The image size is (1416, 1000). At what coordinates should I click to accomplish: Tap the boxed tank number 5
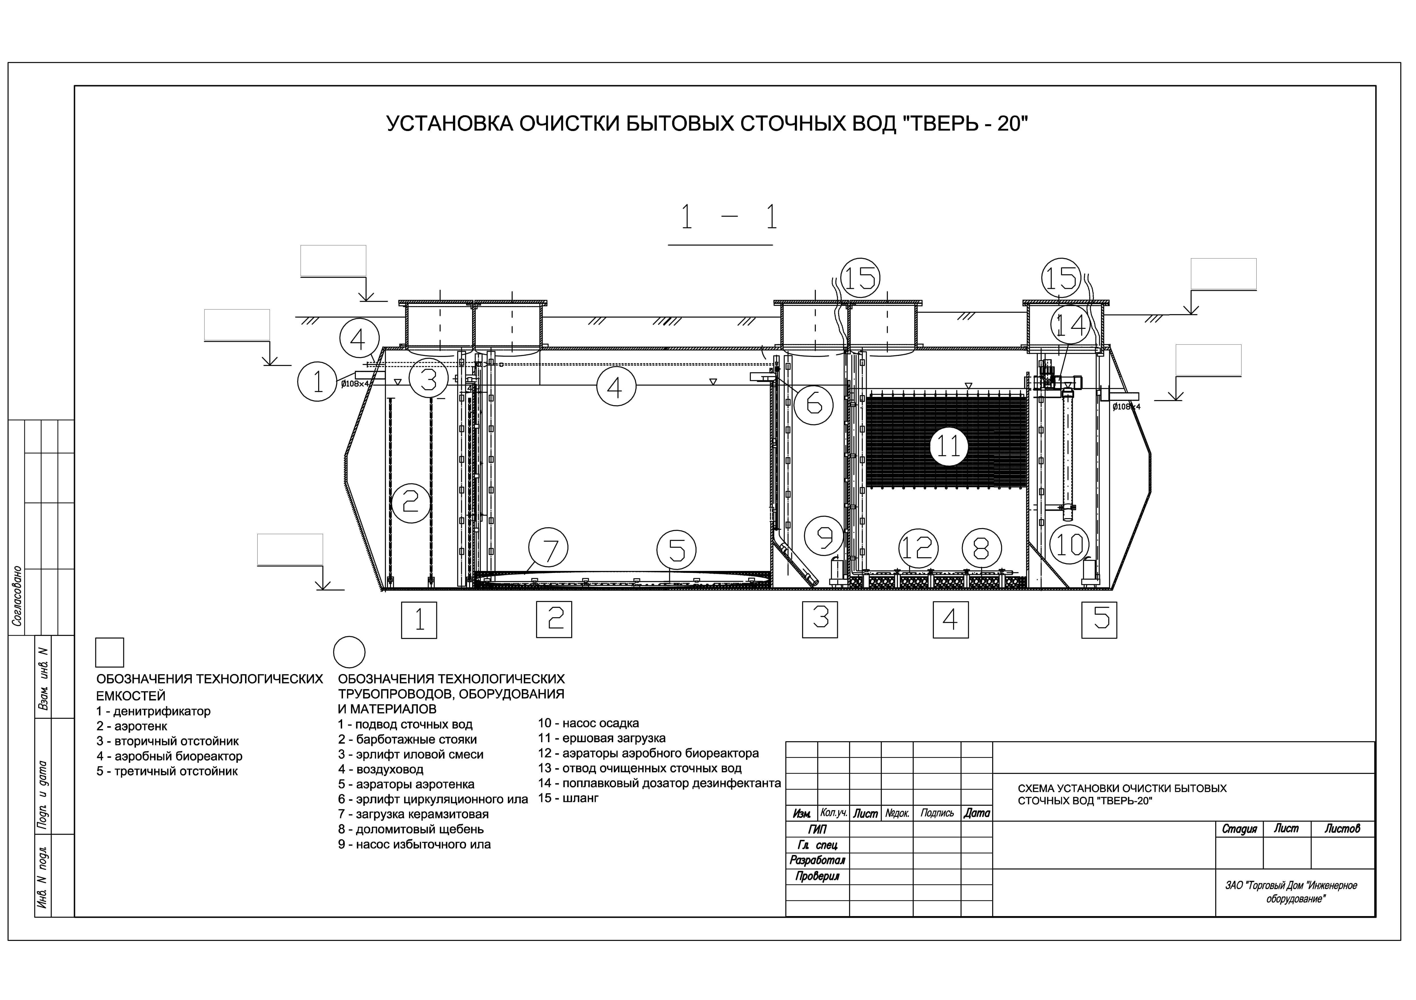[1099, 619]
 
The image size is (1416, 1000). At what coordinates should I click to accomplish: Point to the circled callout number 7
[548, 548]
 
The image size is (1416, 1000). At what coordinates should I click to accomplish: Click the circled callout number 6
[813, 405]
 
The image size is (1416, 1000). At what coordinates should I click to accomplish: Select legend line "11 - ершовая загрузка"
[602, 738]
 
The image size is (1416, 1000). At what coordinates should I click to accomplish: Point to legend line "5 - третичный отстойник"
[167, 771]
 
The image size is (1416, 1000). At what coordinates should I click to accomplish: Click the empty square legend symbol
[110, 652]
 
